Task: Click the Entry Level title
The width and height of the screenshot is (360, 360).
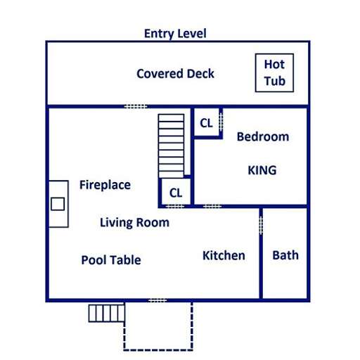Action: coord(175,33)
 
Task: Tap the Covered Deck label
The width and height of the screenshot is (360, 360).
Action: coord(175,74)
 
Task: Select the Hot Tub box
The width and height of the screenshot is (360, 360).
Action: coord(274,73)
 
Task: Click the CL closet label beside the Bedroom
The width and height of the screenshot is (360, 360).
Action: coord(206,123)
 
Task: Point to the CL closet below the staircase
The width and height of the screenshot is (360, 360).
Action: coord(176,192)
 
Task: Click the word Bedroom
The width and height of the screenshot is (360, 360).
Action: coord(262,136)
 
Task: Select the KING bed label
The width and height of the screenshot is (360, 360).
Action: coord(262,170)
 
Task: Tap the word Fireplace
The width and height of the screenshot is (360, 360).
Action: coord(105,185)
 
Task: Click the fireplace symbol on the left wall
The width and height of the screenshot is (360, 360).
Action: coord(58,204)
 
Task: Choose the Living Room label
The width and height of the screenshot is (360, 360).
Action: coord(134,222)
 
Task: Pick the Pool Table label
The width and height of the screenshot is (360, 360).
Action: coord(111,260)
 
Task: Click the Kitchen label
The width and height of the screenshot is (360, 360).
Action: coord(224,255)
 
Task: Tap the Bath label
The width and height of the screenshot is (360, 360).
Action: coord(285,255)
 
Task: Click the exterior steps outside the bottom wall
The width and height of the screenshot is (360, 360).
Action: coord(106,312)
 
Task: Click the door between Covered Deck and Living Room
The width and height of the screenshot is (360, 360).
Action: coord(136,106)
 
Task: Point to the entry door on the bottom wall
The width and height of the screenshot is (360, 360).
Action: coord(157,301)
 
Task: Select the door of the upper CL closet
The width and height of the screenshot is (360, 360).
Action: coord(221,121)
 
